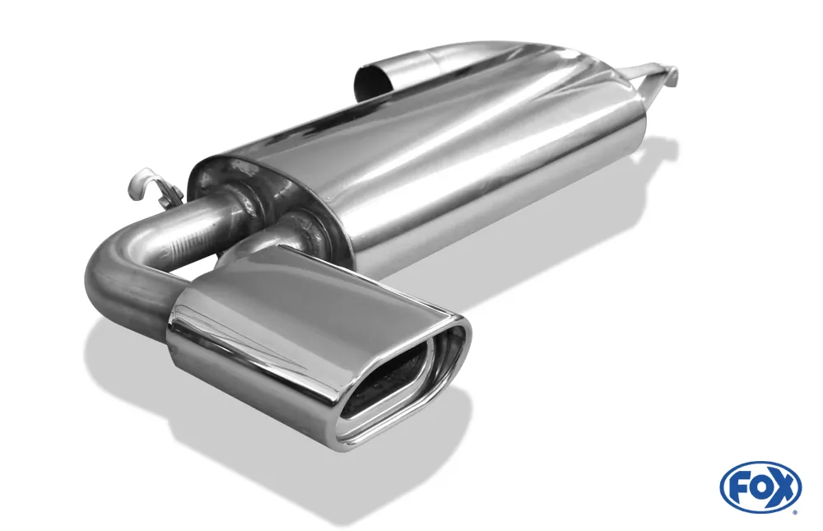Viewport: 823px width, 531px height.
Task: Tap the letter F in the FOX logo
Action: coord(737,487)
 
